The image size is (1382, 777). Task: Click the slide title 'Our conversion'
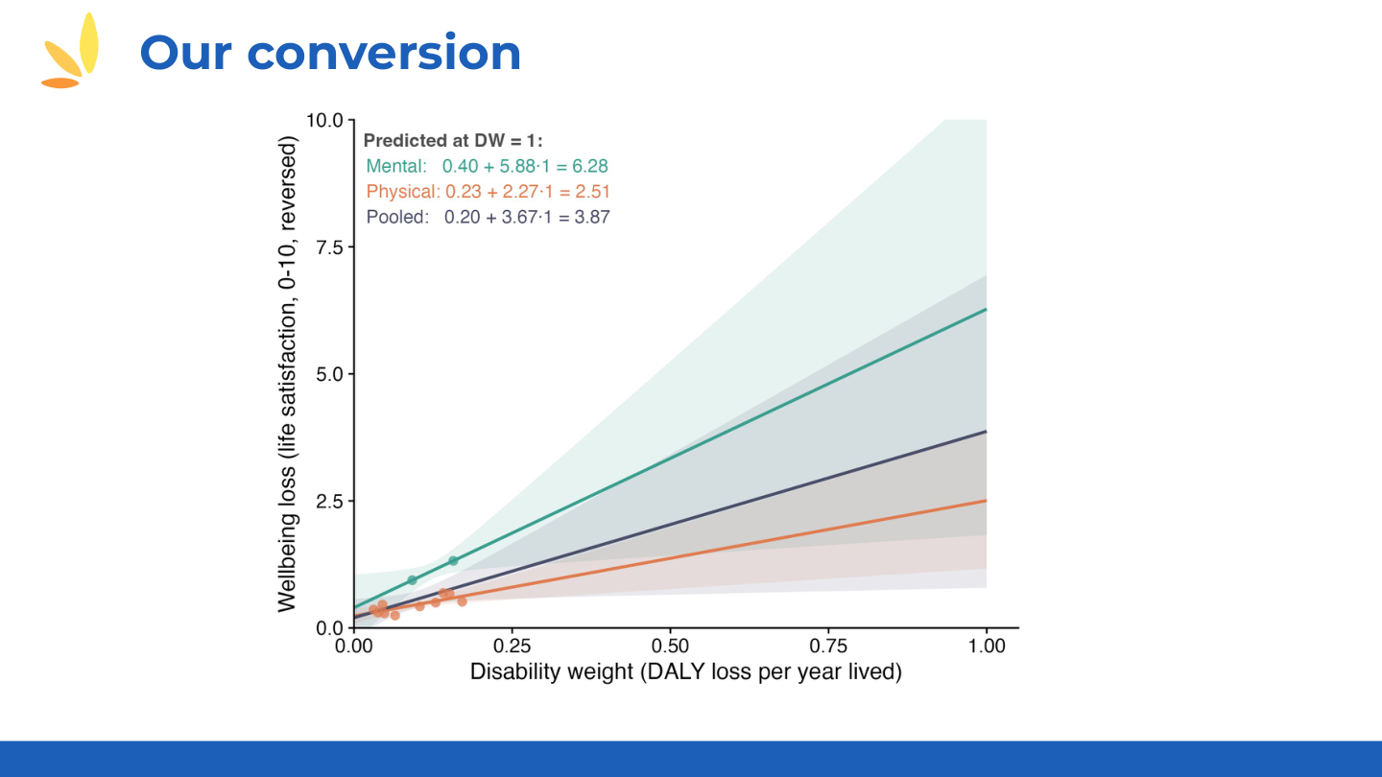point(330,53)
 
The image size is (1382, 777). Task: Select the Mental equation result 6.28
point(589,166)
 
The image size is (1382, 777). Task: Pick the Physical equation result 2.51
point(592,192)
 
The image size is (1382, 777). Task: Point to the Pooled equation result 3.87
point(591,218)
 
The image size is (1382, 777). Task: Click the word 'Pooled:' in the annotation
point(396,218)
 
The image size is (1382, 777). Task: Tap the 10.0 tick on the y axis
point(324,121)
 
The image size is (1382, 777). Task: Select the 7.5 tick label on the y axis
point(329,247)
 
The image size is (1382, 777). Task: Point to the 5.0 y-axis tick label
point(329,374)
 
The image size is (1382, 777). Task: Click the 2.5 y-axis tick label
point(329,502)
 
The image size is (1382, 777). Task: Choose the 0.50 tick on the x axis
point(670,647)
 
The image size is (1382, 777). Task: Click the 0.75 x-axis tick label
point(828,647)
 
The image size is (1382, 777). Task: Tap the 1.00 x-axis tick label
point(987,647)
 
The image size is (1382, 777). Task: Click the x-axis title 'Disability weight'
point(685,672)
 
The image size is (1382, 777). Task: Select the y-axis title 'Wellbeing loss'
point(287,374)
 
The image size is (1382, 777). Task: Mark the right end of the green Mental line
point(986,310)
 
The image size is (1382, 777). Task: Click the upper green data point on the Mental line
point(453,560)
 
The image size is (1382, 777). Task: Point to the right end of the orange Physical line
point(986,501)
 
